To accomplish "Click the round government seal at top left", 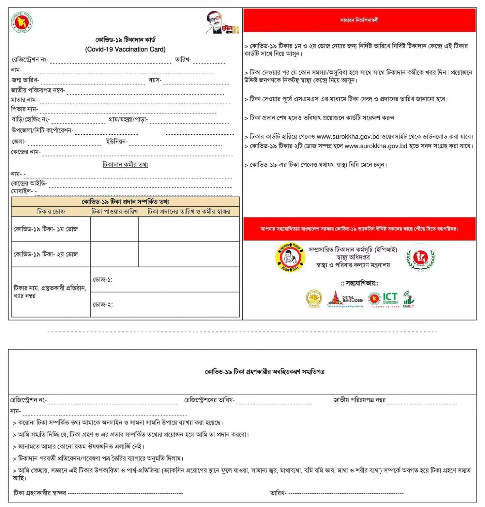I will [x=22, y=22].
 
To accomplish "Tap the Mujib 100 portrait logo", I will [x=222, y=23].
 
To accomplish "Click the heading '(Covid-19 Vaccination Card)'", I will [x=125, y=49].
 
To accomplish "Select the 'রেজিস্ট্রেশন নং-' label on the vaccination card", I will [x=30, y=60].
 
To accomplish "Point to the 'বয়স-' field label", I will [x=155, y=80].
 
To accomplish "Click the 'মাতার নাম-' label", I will [x=24, y=99].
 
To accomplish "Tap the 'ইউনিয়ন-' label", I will [x=117, y=142].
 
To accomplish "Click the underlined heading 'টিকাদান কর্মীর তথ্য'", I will [x=125, y=164].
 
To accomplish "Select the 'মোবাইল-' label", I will [x=22, y=191].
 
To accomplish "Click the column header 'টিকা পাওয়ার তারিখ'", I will [x=114, y=211].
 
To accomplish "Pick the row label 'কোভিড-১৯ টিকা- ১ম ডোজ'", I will [x=46, y=229].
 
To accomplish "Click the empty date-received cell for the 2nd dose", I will [x=114, y=254].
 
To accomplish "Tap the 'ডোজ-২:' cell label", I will [x=103, y=305].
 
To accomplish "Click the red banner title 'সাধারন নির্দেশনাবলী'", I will [x=359, y=20].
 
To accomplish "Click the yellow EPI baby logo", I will [x=290, y=257].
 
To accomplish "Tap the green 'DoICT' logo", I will [x=409, y=299].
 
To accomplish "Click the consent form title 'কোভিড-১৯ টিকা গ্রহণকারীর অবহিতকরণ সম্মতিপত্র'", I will [x=265, y=372].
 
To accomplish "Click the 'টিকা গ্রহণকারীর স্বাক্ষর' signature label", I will [x=40, y=493].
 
